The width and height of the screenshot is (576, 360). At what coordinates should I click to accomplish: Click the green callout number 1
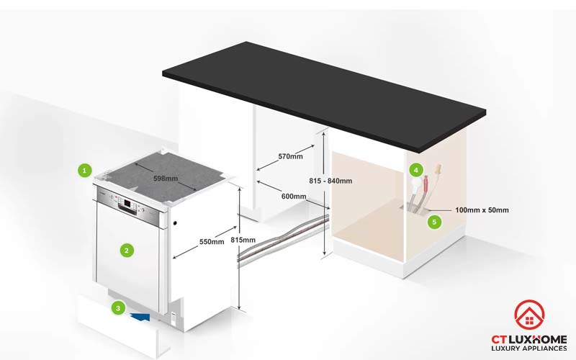point(85,171)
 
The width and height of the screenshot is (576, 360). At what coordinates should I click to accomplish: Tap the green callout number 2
point(127,251)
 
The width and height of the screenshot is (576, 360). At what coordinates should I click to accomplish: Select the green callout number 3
point(118,308)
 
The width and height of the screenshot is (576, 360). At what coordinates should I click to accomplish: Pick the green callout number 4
point(415,171)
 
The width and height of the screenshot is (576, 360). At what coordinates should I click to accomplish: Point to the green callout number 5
point(434,222)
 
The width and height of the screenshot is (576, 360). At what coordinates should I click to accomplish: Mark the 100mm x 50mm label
point(482,210)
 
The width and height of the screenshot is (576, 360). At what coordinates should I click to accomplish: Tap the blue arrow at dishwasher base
point(141,315)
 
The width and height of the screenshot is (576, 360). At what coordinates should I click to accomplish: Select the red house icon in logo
point(529,312)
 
